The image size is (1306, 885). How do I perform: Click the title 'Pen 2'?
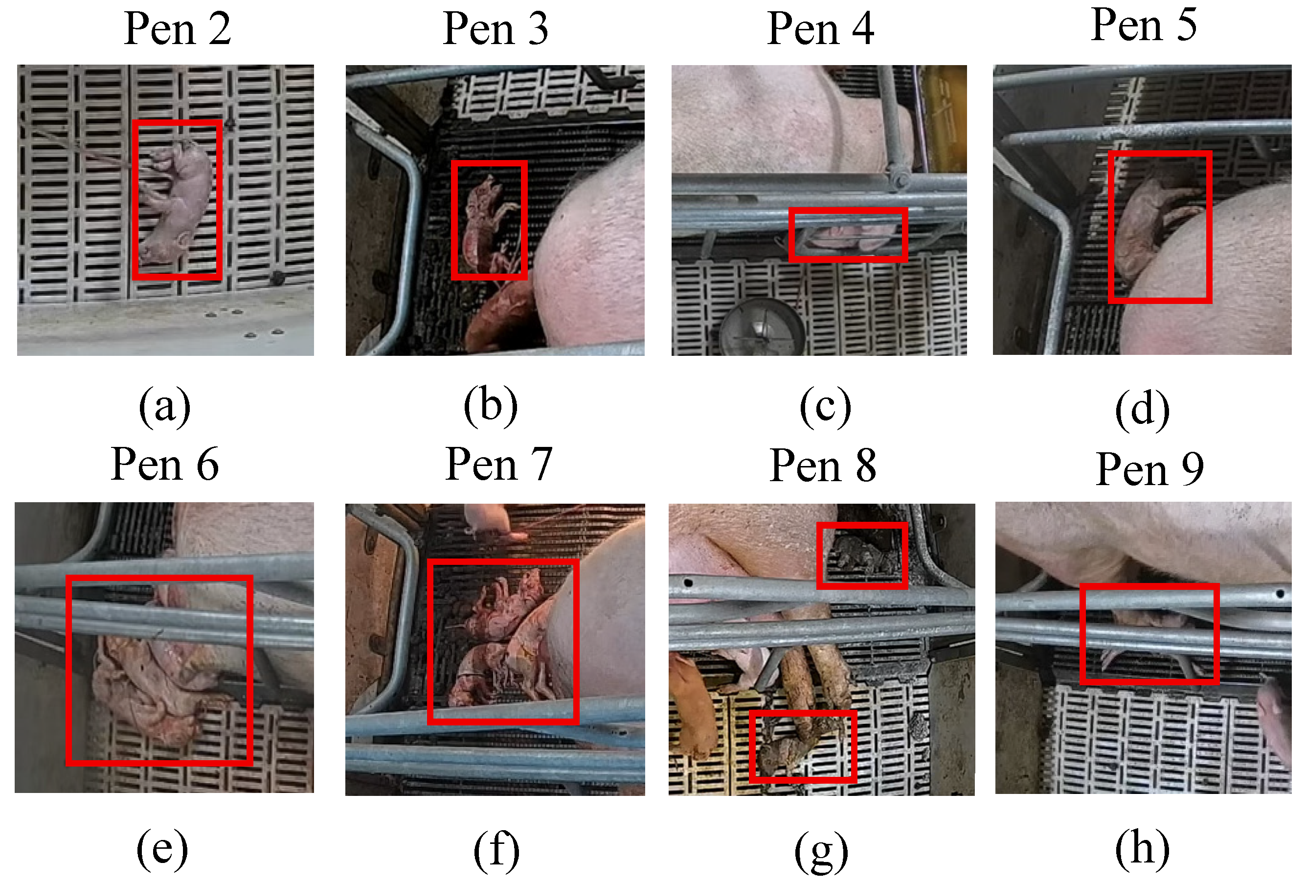pyautogui.click(x=178, y=29)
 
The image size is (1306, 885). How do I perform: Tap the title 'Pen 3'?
pyautogui.click(x=495, y=29)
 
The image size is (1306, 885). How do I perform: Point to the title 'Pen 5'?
pyautogui.click(x=1144, y=25)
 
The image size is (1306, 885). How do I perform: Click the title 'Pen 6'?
pyautogui.click(x=165, y=465)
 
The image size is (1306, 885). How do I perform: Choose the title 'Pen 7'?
pyautogui.click(x=498, y=465)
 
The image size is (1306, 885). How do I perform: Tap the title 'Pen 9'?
pyautogui.click(x=1150, y=468)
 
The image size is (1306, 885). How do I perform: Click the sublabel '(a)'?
pyautogui.click(x=165, y=406)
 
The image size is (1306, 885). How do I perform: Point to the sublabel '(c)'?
pyautogui.click(x=825, y=406)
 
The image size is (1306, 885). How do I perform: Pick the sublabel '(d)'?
pyautogui.click(x=1143, y=409)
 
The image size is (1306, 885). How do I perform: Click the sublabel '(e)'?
pyautogui.click(x=162, y=849)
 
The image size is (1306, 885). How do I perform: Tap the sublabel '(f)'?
pyautogui.click(x=496, y=850)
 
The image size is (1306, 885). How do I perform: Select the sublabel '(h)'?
pyautogui.click(x=1143, y=849)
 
